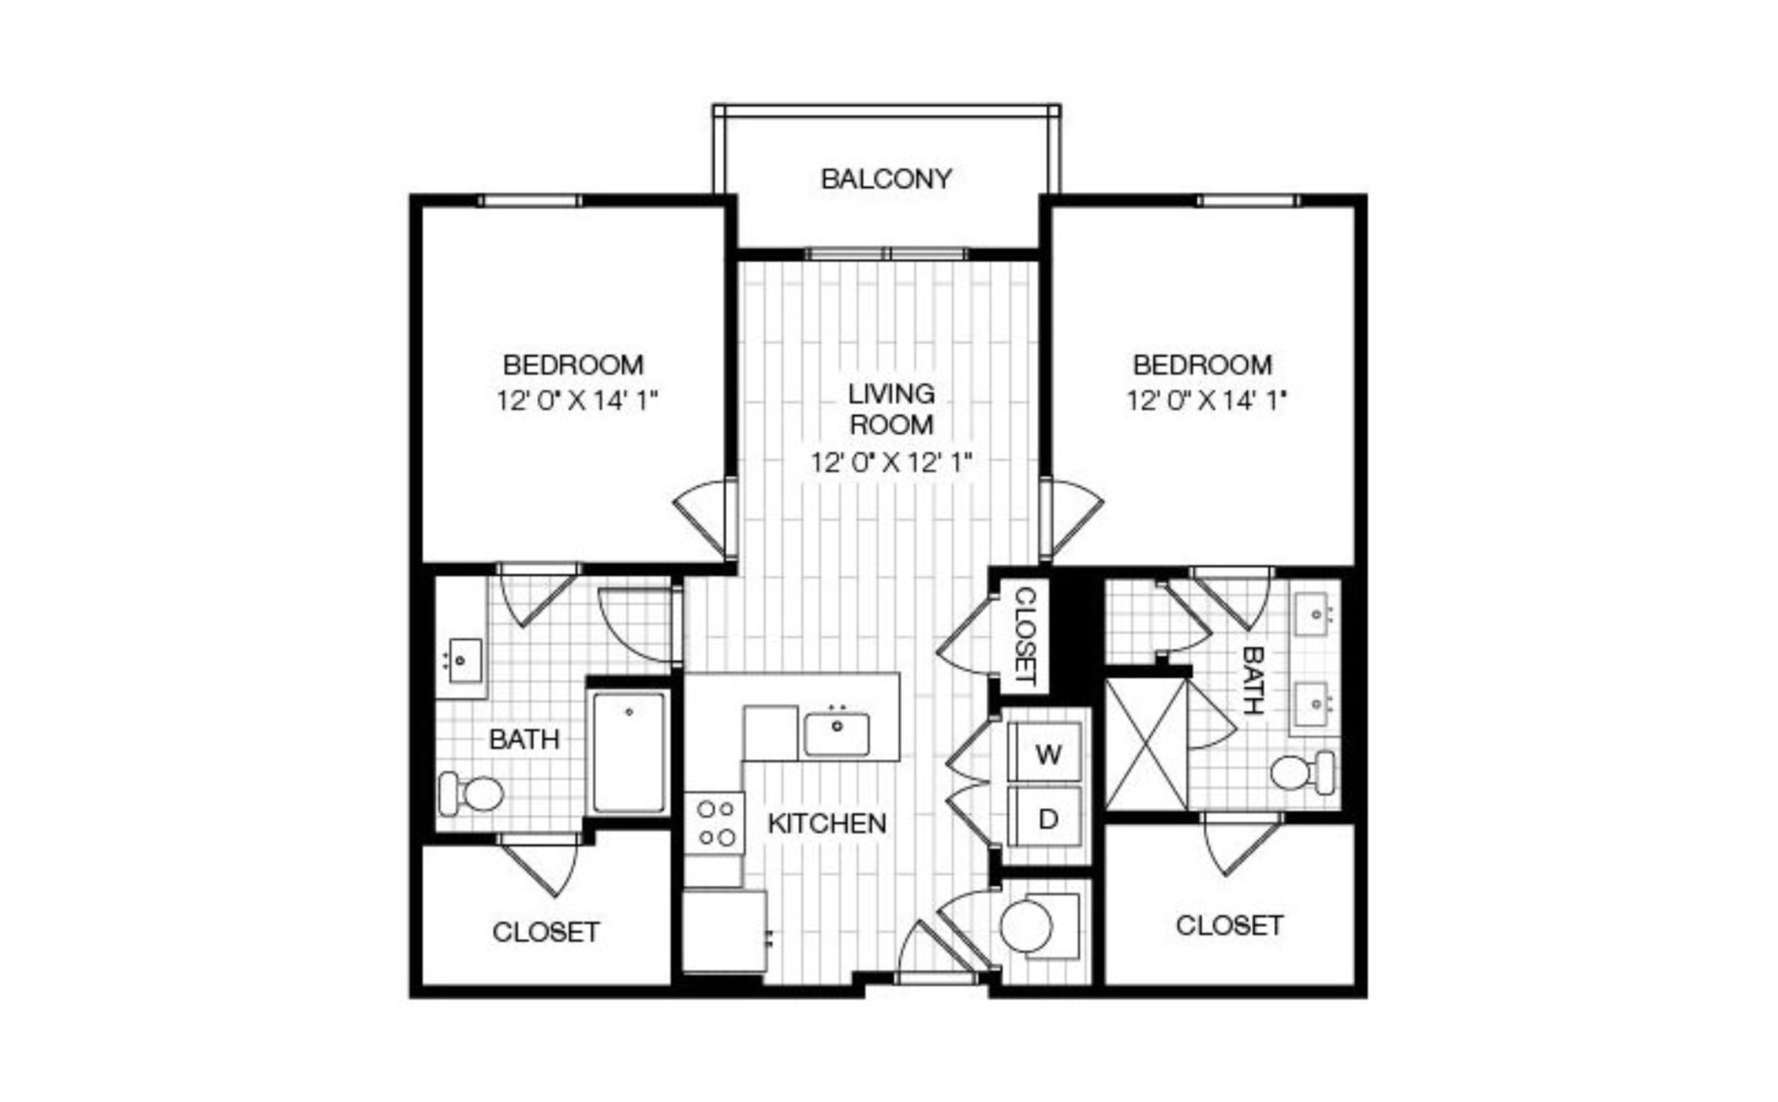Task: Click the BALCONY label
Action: (x=886, y=178)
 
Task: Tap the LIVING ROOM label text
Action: (x=891, y=408)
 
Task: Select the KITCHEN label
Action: (x=827, y=822)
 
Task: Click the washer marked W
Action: (x=1047, y=753)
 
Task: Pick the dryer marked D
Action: (x=1047, y=818)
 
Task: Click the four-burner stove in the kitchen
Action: (x=715, y=822)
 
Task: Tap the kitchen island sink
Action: (x=836, y=733)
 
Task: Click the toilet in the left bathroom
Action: (x=470, y=794)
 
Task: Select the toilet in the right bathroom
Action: (x=1303, y=771)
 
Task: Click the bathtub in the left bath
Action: (x=629, y=752)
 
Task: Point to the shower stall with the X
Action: (x=1146, y=744)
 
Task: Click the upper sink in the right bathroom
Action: (x=1315, y=614)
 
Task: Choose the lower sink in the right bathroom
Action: (x=1315, y=706)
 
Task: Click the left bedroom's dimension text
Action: (x=576, y=401)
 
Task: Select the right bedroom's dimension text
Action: (x=1207, y=401)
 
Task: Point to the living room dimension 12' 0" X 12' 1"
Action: (x=891, y=462)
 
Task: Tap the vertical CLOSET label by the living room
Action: (x=1025, y=634)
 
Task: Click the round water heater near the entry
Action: (x=1026, y=926)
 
